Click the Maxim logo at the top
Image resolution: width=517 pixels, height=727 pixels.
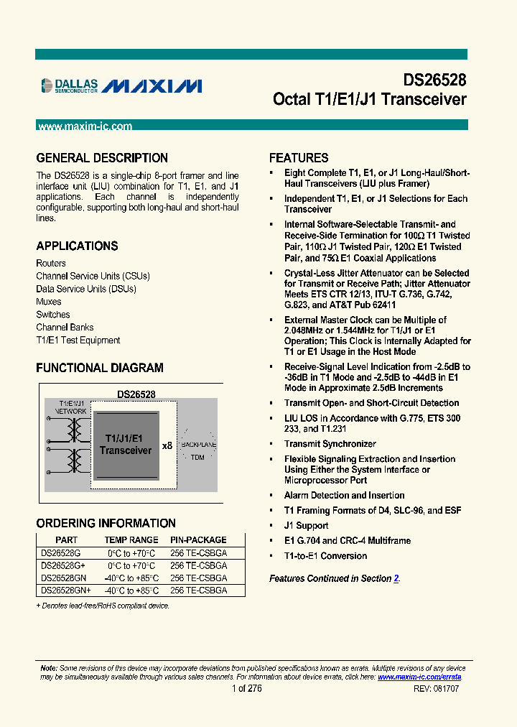pyautogui.click(x=152, y=86)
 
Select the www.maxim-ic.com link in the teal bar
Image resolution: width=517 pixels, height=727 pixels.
pyautogui.click(x=85, y=126)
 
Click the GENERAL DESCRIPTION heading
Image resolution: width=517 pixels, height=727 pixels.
pyautogui.click(x=102, y=158)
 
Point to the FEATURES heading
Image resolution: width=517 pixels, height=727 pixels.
pyautogui.click(x=299, y=158)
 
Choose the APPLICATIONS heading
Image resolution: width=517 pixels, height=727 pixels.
pyautogui.click(x=77, y=246)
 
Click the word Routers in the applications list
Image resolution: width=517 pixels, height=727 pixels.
pyautogui.click(x=51, y=264)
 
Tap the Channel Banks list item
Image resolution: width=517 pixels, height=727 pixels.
pyautogui.click(x=65, y=328)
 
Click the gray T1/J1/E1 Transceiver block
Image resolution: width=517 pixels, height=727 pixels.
pyautogui.click(x=126, y=445)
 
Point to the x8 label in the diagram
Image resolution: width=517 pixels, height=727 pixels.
pyautogui.click(x=167, y=445)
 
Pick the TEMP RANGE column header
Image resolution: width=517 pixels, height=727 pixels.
pyautogui.click(x=131, y=540)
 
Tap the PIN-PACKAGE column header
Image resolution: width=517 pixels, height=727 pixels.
pyautogui.click(x=198, y=540)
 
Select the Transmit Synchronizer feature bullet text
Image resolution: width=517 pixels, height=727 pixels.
pyautogui.click(x=330, y=444)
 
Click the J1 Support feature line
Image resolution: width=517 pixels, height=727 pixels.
pyautogui.click(x=307, y=526)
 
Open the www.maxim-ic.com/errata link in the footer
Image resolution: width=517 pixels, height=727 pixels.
pyautogui.click(x=419, y=677)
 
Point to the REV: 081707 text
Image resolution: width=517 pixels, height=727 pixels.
pyautogui.click(x=437, y=688)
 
